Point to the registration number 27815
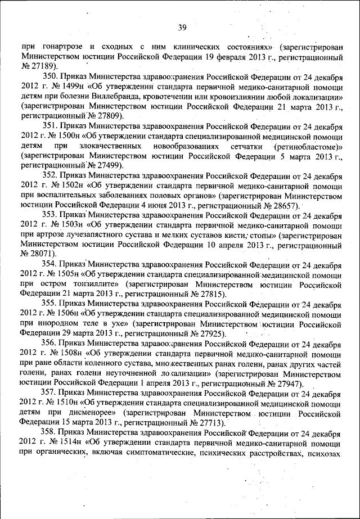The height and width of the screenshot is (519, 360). coord(209,294)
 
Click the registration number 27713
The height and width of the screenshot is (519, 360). coord(208,423)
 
